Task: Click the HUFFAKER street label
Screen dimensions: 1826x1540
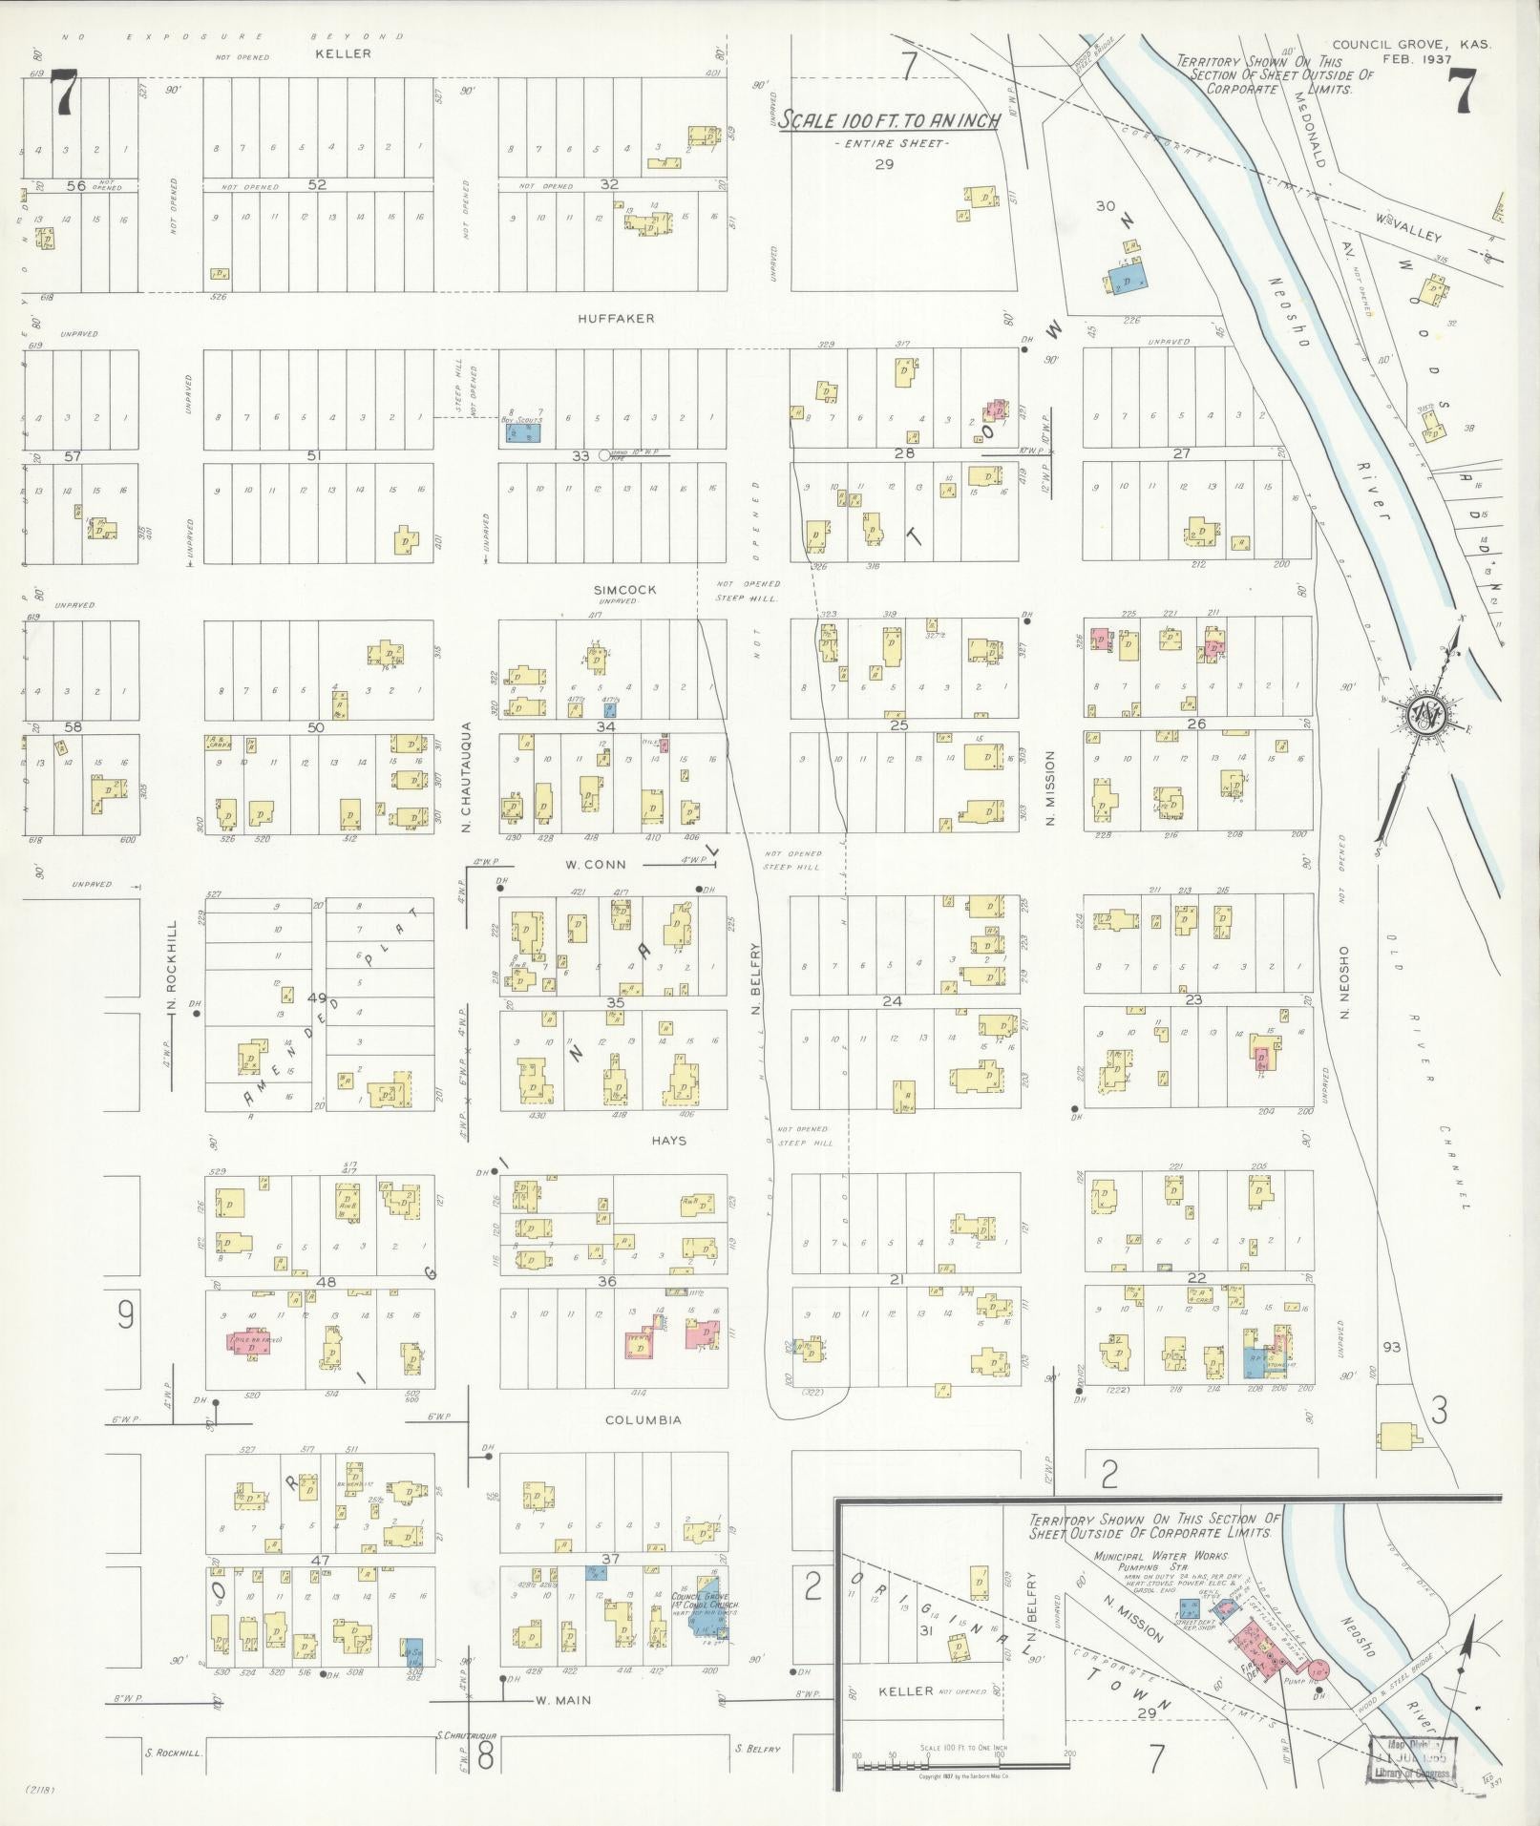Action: (x=616, y=318)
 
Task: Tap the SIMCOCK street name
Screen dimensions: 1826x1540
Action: (x=624, y=590)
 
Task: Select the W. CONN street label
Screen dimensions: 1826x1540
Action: (x=595, y=865)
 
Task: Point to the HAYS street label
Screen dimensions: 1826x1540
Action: (x=668, y=1141)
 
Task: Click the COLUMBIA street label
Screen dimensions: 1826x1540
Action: (x=643, y=1420)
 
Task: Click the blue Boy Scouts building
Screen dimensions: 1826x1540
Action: (x=522, y=432)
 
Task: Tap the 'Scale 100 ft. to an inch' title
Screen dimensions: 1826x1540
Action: (x=889, y=120)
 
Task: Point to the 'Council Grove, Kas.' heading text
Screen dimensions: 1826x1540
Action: (x=1411, y=44)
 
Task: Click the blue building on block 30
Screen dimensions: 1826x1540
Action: (x=1129, y=283)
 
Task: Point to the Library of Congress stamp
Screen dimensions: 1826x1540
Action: (x=1411, y=1758)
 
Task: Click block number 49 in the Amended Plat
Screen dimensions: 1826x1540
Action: (x=317, y=998)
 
